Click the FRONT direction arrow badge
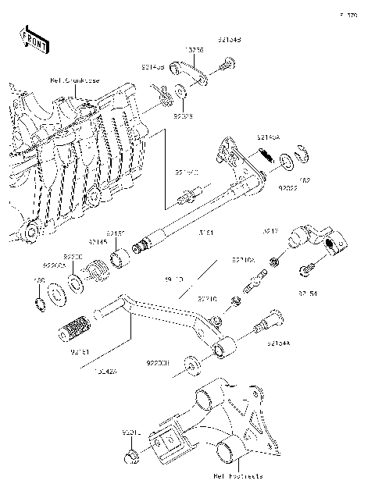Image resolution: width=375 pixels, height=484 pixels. tap(30, 37)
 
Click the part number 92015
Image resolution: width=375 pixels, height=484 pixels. tap(130, 432)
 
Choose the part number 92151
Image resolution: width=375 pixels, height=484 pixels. tap(116, 233)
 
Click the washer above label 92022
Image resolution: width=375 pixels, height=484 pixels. tap(287, 162)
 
